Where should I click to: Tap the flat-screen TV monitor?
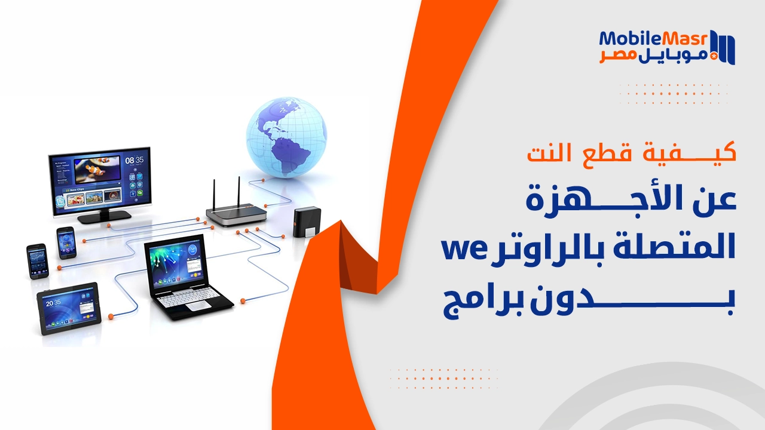coord(100,180)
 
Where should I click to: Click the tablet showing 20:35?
coord(68,308)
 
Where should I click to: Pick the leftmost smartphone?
coord(36,261)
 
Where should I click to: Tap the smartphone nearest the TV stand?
coord(66,242)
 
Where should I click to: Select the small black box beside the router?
coord(309,223)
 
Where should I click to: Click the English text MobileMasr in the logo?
coord(653,39)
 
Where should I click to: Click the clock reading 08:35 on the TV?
coord(134,160)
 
